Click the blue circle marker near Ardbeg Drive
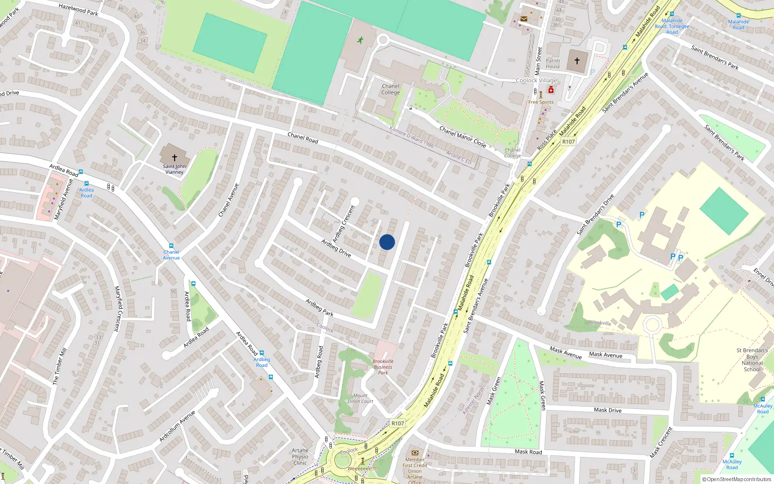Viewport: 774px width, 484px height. coord(387,242)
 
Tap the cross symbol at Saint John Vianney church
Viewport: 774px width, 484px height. coord(174,157)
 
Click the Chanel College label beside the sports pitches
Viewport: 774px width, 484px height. coord(390,90)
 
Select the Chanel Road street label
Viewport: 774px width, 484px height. coord(303,138)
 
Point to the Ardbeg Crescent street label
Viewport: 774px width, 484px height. coord(344,224)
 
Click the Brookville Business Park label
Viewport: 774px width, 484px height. coord(383,367)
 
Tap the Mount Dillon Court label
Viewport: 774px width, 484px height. coord(360,398)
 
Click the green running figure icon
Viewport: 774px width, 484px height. coord(360,40)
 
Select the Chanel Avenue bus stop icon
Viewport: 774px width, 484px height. coord(171,246)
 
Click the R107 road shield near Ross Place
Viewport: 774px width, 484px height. coord(568,141)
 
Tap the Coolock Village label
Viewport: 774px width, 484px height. coord(536,80)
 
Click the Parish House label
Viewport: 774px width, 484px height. coord(553,64)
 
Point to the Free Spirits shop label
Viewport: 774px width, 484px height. coord(541,102)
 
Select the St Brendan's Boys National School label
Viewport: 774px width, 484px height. coord(752,360)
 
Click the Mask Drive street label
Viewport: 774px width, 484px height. coord(608,410)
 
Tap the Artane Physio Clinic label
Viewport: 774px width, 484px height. coord(300,456)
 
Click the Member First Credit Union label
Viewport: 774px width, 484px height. coord(415,468)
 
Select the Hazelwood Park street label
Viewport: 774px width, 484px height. coord(78,9)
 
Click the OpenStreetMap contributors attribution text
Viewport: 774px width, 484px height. coord(739,479)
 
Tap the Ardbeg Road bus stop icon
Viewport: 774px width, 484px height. coord(262,353)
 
